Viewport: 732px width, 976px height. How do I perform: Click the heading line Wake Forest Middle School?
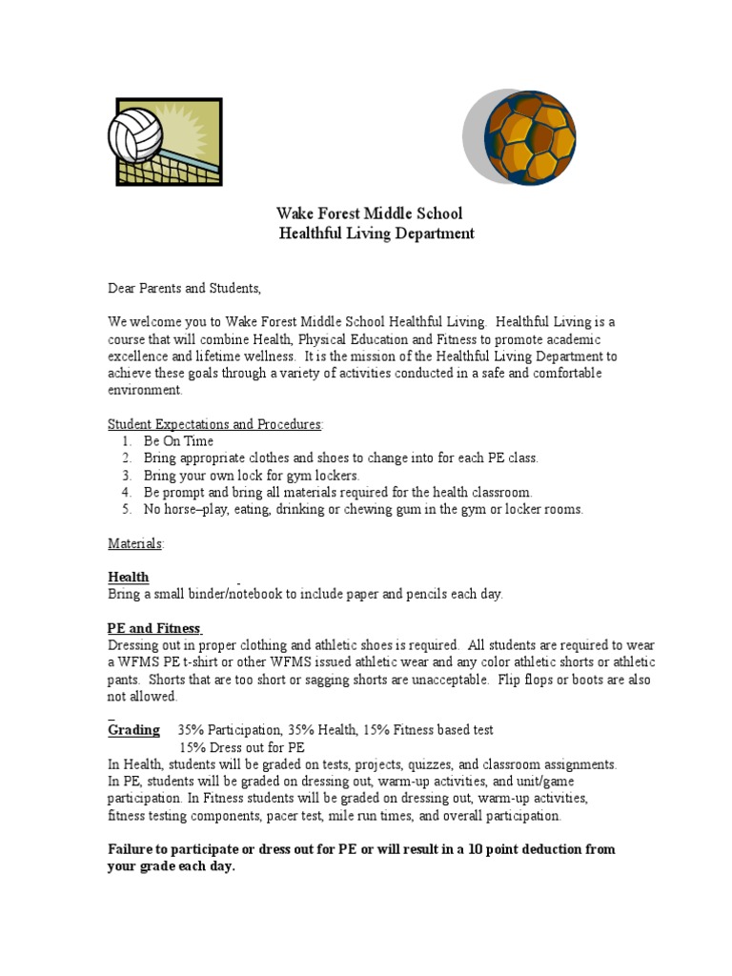369,213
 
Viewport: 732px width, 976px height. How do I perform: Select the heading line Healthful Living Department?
376,234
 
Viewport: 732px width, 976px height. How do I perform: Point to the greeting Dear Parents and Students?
183,288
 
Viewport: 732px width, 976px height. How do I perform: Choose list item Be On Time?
178,441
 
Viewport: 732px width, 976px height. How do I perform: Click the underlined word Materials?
134,543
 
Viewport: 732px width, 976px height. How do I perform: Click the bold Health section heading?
128,577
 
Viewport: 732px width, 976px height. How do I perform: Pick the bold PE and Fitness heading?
152,628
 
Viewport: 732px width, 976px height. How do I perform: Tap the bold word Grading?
133,729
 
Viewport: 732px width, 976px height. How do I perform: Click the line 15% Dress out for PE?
242,747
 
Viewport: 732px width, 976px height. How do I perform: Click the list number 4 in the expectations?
126,492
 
